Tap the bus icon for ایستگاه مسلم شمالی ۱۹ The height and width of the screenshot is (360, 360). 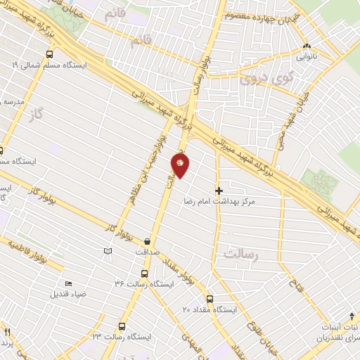pyautogui.click(x=49, y=53)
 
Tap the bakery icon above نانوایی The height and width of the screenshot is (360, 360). pyautogui.click(x=307, y=47)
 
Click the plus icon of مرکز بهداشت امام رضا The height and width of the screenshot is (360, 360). pyautogui.click(x=219, y=190)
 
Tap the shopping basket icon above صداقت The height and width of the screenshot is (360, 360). pyautogui.click(x=148, y=239)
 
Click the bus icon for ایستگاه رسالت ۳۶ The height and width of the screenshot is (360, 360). pyautogui.click(x=144, y=274)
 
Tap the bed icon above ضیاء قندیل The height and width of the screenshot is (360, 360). pyautogui.click(x=68, y=283)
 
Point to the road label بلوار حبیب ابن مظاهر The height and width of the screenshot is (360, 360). pyautogui.click(x=146, y=172)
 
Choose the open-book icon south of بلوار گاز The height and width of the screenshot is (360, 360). pyautogui.click(x=107, y=251)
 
